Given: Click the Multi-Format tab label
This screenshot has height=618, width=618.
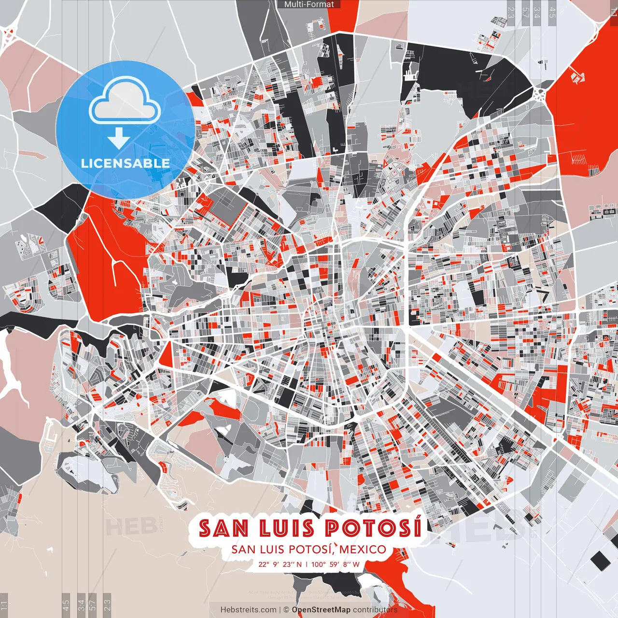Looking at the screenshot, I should pos(309,4).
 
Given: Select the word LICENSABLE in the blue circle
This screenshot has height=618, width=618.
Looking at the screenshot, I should pos(126,163).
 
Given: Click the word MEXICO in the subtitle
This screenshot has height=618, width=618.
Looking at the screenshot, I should pos(363,549).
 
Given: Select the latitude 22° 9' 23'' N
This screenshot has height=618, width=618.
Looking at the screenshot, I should pos(280,564).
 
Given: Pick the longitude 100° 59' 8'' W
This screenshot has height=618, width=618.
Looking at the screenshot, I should pos(336,564).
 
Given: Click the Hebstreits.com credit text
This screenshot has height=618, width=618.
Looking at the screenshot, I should pos(249,610).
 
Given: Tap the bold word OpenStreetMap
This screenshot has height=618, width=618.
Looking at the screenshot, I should pos(321,610).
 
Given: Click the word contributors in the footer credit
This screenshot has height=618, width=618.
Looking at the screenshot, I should pos(375,610).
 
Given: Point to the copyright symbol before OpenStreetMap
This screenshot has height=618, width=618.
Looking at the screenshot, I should pos(286,610).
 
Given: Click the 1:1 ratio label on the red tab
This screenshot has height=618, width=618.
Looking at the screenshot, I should pos(613,11).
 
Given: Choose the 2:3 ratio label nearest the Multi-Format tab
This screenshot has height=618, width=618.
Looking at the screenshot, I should pos(511,11).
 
